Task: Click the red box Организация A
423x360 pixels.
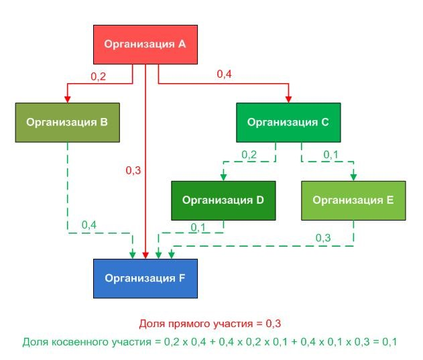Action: [145, 44]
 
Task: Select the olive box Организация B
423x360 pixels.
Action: [68, 123]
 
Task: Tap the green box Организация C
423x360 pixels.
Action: [288, 123]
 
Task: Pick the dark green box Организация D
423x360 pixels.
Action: [223, 200]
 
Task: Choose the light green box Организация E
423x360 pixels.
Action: [353, 200]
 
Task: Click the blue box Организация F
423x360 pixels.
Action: [145, 278]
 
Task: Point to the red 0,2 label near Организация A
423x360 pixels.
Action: [98, 76]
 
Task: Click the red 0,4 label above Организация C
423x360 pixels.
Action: [224, 74]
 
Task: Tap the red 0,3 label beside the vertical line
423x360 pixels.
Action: [133, 170]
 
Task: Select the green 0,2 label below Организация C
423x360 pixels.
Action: [249, 155]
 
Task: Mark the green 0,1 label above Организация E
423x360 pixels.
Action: [330, 155]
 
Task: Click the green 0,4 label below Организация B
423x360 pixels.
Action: [89, 225]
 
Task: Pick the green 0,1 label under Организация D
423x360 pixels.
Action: [198, 227]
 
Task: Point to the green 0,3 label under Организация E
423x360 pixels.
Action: [323, 238]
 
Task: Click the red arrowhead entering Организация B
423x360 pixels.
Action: [68, 99]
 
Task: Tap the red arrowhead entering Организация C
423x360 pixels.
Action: [288, 99]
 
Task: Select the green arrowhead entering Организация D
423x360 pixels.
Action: [223, 177]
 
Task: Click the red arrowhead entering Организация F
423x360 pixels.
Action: [145, 255]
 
